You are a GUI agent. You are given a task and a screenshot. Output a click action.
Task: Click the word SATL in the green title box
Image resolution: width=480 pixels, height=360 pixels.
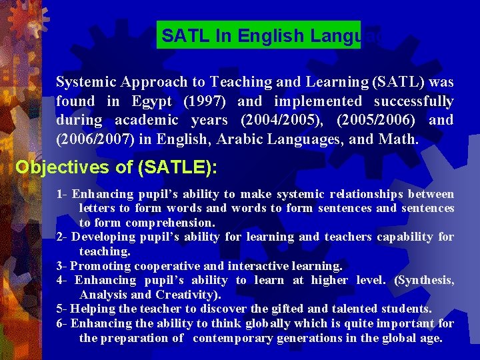[x=183, y=35]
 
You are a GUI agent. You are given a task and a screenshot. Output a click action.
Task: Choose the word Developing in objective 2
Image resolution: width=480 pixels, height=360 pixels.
[x=103, y=237]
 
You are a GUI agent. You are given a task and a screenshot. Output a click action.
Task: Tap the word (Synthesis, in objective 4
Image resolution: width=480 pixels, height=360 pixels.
[x=425, y=280]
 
